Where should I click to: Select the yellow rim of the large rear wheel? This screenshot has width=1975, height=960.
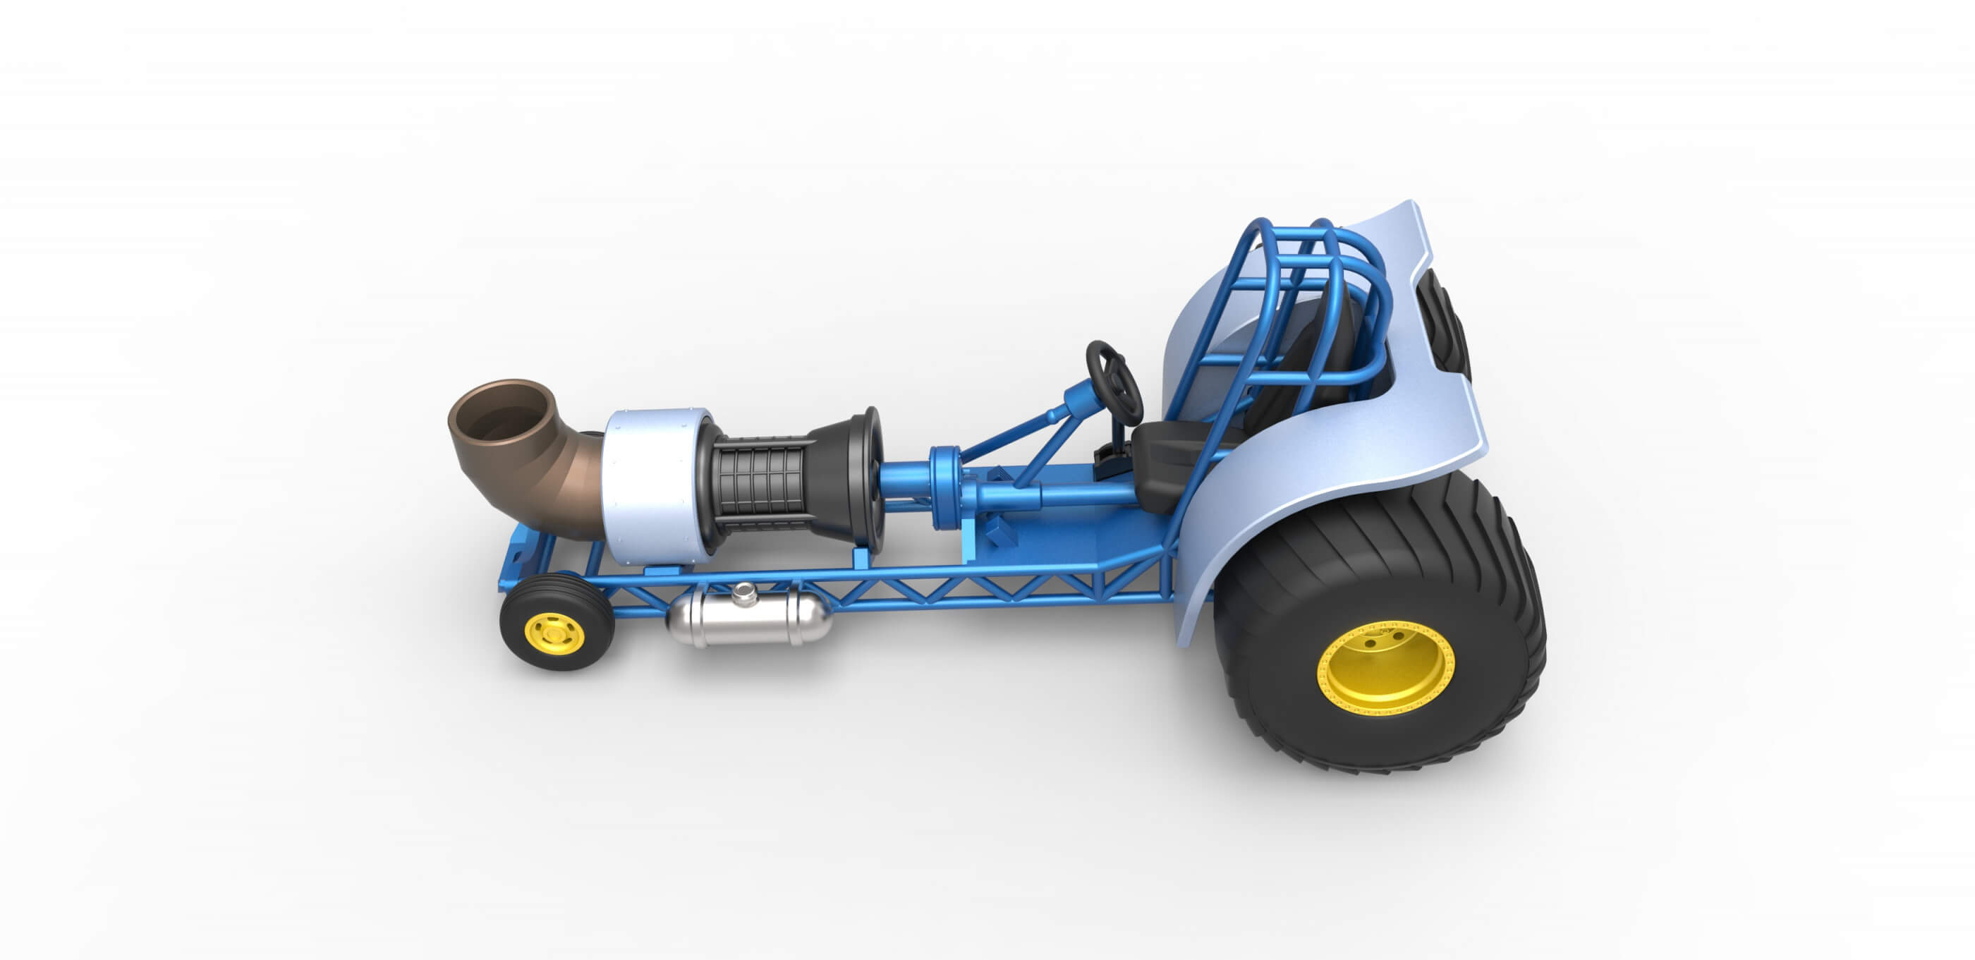1385,668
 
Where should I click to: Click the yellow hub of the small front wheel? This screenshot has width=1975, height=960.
554,634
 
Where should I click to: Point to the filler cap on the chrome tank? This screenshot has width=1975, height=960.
743,593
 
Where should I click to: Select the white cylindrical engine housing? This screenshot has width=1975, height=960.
648,487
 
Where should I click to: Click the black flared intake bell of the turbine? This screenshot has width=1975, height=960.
851,475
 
